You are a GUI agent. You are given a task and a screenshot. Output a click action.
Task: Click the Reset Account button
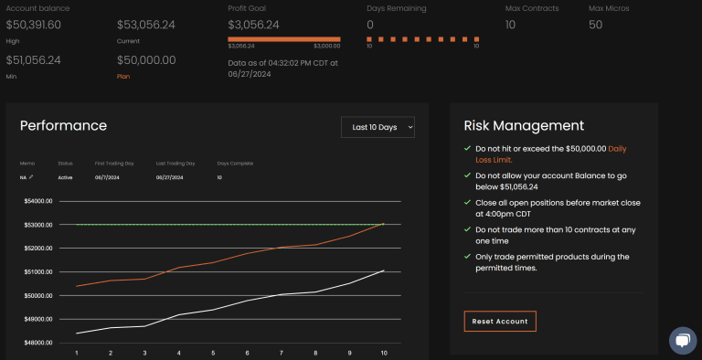[500, 321]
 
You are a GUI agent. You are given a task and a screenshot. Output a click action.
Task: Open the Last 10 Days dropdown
[378, 127]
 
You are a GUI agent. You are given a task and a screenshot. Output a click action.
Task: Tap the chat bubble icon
[682, 340]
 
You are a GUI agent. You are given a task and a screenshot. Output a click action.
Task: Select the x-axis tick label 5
[213, 353]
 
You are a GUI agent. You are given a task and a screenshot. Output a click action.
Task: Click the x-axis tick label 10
[383, 353]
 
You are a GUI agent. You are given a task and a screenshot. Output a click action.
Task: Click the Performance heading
[63, 126]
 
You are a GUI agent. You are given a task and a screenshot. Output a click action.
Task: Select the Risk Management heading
[524, 126]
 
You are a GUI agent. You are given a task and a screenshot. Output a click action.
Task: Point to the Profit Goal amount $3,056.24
[254, 25]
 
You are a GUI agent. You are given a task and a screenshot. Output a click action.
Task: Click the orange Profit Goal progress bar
[283, 39]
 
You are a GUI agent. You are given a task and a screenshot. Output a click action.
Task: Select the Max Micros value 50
[595, 25]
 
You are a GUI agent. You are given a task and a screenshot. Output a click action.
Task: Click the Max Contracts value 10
[510, 25]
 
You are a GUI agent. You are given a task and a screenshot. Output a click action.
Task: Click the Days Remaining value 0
[370, 25]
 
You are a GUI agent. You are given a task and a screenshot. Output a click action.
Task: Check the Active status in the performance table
[65, 177]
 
